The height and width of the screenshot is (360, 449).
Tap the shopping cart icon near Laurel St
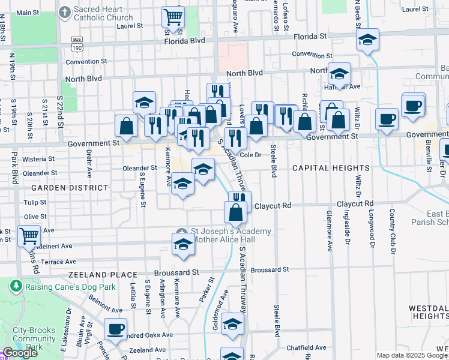click(x=173, y=17)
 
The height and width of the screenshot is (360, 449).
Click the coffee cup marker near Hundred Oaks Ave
click(x=116, y=328)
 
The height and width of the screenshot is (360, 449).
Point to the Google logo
click(x=20, y=353)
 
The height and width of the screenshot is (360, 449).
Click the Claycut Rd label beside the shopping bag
click(x=273, y=205)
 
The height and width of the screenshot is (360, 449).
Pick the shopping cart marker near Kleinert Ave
click(x=29, y=236)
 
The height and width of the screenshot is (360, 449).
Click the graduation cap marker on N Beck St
click(x=367, y=40)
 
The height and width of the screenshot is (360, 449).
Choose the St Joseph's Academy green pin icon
click(x=183, y=232)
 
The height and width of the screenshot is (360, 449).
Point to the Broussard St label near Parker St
click(x=179, y=272)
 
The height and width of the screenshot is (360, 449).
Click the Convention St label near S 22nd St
click(x=86, y=61)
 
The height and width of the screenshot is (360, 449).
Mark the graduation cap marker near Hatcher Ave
click(x=339, y=74)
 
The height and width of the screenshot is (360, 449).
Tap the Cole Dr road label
click(x=252, y=155)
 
